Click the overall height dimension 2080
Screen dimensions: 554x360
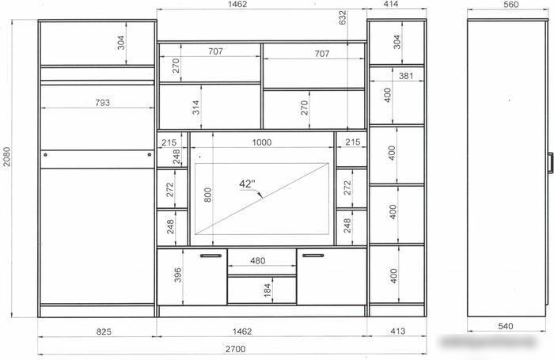(x=7, y=157)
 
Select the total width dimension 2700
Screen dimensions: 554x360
(x=235, y=349)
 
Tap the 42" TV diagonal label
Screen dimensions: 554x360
(x=247, y=184)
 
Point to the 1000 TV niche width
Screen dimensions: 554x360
(x=262, y=142)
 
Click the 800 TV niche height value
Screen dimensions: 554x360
(x=207, y=195)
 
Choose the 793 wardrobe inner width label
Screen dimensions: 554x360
(x=102, y=102)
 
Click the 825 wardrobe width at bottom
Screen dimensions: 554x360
(x=104, y=332)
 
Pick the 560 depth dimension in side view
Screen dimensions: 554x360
(x=511, y=4)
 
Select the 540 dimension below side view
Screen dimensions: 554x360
(x=505, y=326)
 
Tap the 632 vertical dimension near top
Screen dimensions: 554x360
(x=343, y=17)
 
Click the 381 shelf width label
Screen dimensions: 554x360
(x=406, y=76)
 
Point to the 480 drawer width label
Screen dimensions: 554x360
(x=257, y=261)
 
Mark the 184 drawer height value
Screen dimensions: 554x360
(x=268, y=290)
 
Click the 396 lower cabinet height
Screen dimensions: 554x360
(x=178, y=275)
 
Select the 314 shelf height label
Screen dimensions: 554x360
(x=195, y=108)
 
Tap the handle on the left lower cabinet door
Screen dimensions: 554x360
(x=211, y=256)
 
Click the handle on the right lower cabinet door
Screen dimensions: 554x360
(x=313, y=256)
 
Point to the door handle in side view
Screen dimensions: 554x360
(x=550, y=163)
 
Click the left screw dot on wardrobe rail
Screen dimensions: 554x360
(x=45, y=155)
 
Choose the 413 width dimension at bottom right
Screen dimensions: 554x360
(x=398, y=331)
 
